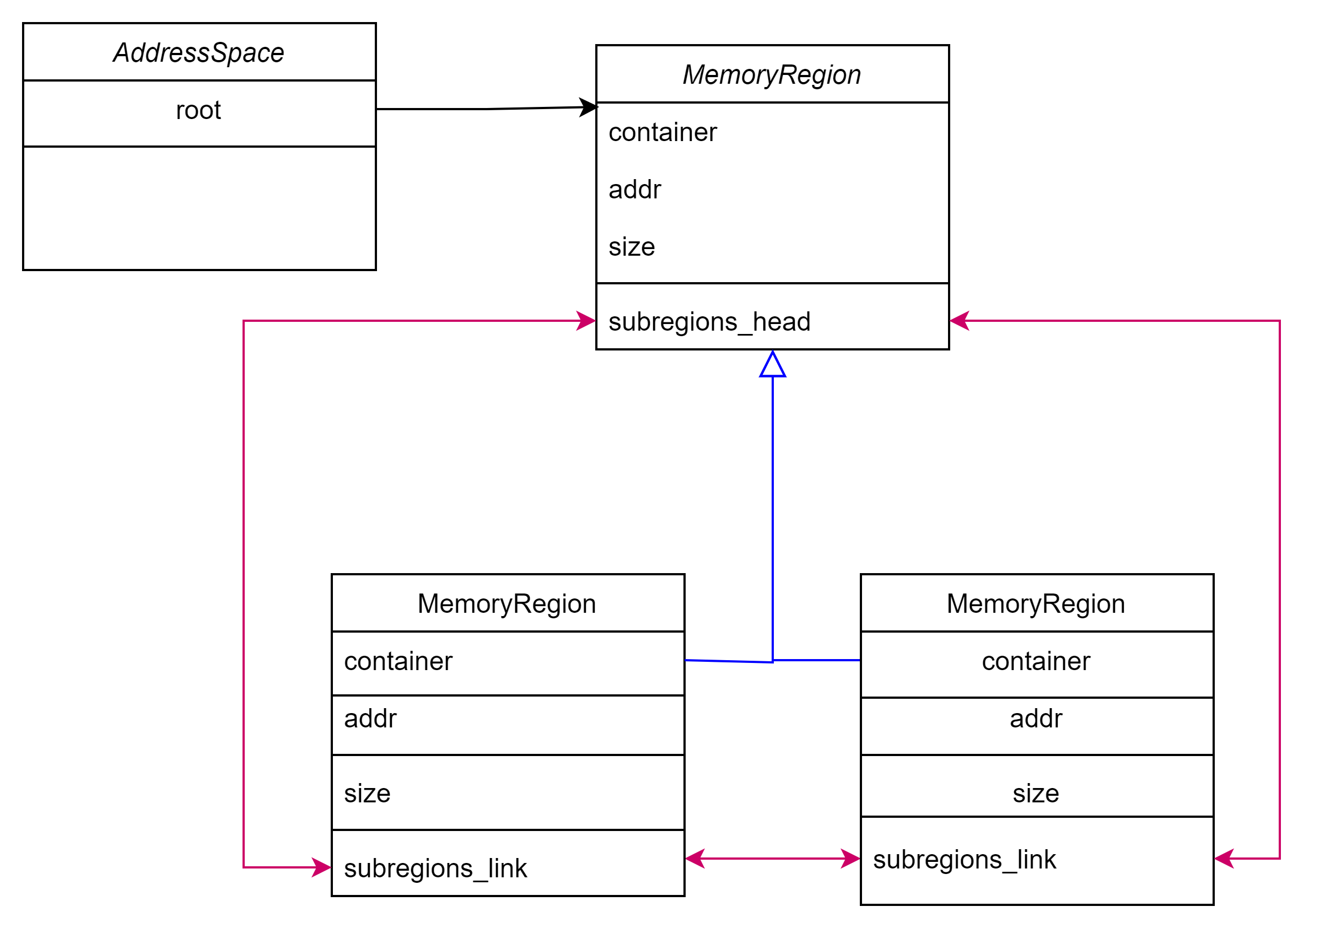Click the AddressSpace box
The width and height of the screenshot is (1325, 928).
(x=199, y=52)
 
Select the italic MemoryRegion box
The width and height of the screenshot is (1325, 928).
(x=772, y=74)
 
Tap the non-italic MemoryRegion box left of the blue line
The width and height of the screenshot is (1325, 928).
(x=508, y=602)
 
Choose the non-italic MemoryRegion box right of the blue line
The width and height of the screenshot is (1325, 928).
(x=1036, y=602)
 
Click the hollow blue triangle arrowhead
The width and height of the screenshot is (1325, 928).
(x=772, y=365)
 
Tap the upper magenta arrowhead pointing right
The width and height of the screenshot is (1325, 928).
(x=587, y=321)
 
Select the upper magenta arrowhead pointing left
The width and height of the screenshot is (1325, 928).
(x=958, y=321)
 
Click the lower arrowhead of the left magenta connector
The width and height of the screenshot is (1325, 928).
(x=322, y=867)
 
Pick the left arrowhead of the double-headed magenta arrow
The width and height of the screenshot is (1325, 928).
(x=694, y=858)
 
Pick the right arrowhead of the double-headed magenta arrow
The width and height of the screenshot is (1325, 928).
(x=850, y=858)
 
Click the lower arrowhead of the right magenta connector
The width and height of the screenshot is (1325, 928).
(x=1224, y=858)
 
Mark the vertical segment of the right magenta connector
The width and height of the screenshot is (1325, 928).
(x=1280, y=589)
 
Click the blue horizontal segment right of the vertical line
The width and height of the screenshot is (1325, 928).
(x=817, y=660)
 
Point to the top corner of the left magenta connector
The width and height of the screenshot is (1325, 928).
(x=244, y=321)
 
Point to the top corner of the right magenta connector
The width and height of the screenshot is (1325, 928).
(x=1280, y=321)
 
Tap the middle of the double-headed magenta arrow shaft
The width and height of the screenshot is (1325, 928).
(x=772, y=858)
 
